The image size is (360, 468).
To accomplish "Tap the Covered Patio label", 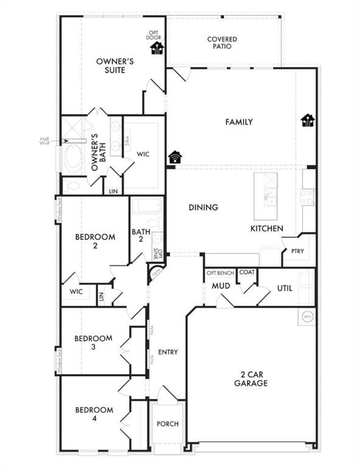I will point(222,43).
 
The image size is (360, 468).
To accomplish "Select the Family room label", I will point(239,122).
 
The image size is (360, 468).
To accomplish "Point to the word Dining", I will point(203,207).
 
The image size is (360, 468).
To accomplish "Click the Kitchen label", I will point(267,229).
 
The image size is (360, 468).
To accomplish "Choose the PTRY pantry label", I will point(297,250).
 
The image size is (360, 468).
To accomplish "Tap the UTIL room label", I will point(286,287).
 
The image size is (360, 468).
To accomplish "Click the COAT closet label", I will point(247,272).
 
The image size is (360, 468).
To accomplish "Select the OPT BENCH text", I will point(220,272).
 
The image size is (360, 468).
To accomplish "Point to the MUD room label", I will point(220,285).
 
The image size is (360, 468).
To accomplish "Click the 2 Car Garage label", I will point(251,378).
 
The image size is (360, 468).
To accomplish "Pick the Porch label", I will point(168,424).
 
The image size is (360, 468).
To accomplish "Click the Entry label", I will point(168,352).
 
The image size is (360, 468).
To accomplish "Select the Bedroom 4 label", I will point(94,414).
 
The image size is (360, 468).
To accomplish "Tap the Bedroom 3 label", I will point(93,342).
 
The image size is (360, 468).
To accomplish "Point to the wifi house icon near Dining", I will point(175,157).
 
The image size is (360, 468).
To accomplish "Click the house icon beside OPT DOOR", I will point(157,48).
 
